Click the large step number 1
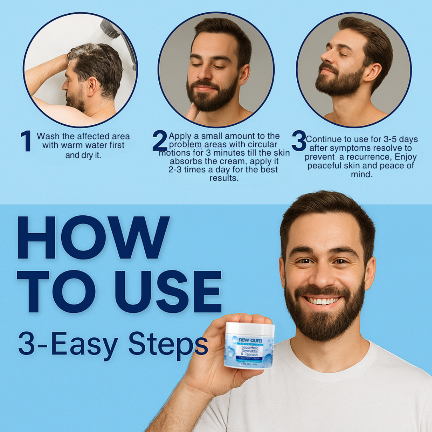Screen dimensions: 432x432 pyautogui.click(x=26, y=141)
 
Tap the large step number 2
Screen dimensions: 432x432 pyautogui.click(x=160, y=141)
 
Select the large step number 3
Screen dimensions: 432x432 pyautogui.click(x=299, y=141)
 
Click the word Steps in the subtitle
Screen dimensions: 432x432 pyautogui.click(x=168, y=344)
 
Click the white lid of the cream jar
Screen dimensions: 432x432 pyautogui.click(x=250, y=329)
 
